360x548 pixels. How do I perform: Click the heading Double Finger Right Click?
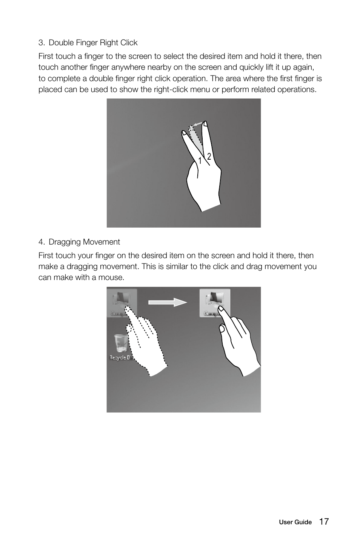[93, 43]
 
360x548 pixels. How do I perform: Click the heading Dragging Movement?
[84, 242]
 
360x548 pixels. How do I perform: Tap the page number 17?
[324, 522]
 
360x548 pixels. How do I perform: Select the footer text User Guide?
[295, 522]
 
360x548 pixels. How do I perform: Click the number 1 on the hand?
[200, 161]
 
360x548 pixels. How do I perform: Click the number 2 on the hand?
[208, 156]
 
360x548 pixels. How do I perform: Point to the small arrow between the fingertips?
[197, 123]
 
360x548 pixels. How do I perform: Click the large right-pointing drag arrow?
[168, 302]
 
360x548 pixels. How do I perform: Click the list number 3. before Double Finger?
[42, 43]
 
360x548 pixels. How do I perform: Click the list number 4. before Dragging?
[42, 242]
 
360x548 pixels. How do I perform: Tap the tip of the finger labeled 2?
[205, 123]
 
